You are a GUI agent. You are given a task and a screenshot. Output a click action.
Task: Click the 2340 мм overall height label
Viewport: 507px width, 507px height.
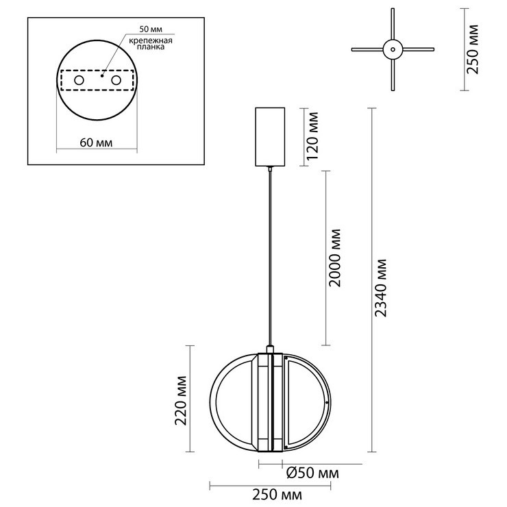[x=381, y=288]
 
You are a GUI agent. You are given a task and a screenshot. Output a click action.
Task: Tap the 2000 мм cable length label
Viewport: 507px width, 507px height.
[x=334, y=258]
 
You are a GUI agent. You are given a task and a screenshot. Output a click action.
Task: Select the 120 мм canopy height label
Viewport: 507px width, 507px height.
[x=312, y=136]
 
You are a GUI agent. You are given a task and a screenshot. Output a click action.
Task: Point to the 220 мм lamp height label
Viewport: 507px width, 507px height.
[x=180, y=401]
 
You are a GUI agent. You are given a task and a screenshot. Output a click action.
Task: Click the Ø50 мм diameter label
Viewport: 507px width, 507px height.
[x=312, y=473]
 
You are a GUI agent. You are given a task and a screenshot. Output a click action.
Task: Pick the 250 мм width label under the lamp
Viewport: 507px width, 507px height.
[x=277, y=495]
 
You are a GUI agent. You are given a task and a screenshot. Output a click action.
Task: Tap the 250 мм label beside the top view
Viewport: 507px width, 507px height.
[x=472, y=49]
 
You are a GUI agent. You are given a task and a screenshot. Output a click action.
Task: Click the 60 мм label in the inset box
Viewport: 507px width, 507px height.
[x=96, y=143]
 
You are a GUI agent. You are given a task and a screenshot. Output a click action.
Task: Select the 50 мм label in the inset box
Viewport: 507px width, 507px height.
[x=151, y=29]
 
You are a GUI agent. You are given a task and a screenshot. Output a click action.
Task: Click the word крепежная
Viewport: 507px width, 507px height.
[x=151, y=40]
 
